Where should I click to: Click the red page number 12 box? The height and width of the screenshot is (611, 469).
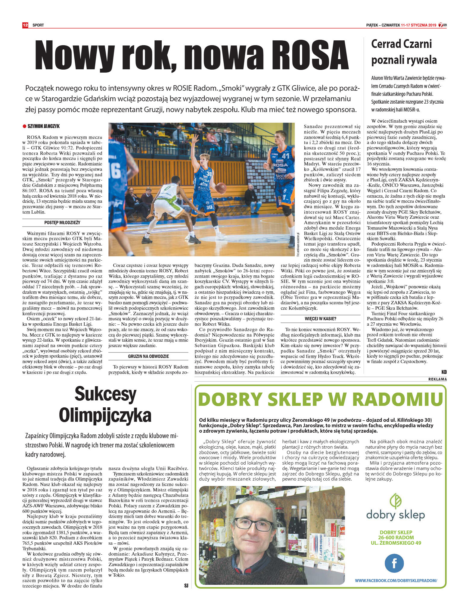(x=25, y=25)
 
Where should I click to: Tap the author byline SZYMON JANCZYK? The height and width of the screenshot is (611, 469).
(x=43, y=126)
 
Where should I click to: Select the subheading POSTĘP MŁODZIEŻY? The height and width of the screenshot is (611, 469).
(x=62, y=222)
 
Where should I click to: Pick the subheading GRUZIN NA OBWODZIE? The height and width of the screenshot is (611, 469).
(x=148, y=356)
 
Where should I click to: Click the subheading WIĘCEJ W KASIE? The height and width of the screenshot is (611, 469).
(x=320, y=318)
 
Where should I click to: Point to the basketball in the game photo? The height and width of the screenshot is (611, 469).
(x=221, y=188)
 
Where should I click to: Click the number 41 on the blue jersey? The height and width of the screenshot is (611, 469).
(x=285, y=156)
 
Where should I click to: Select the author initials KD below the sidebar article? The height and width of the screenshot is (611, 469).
(x=444, y=372)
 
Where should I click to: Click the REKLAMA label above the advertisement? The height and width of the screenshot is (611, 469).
(x=437, y=379)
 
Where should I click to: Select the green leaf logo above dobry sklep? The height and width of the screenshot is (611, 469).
(x=395, y=500)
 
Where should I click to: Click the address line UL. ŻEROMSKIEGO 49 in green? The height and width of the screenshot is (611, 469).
(x=396, y=543)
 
